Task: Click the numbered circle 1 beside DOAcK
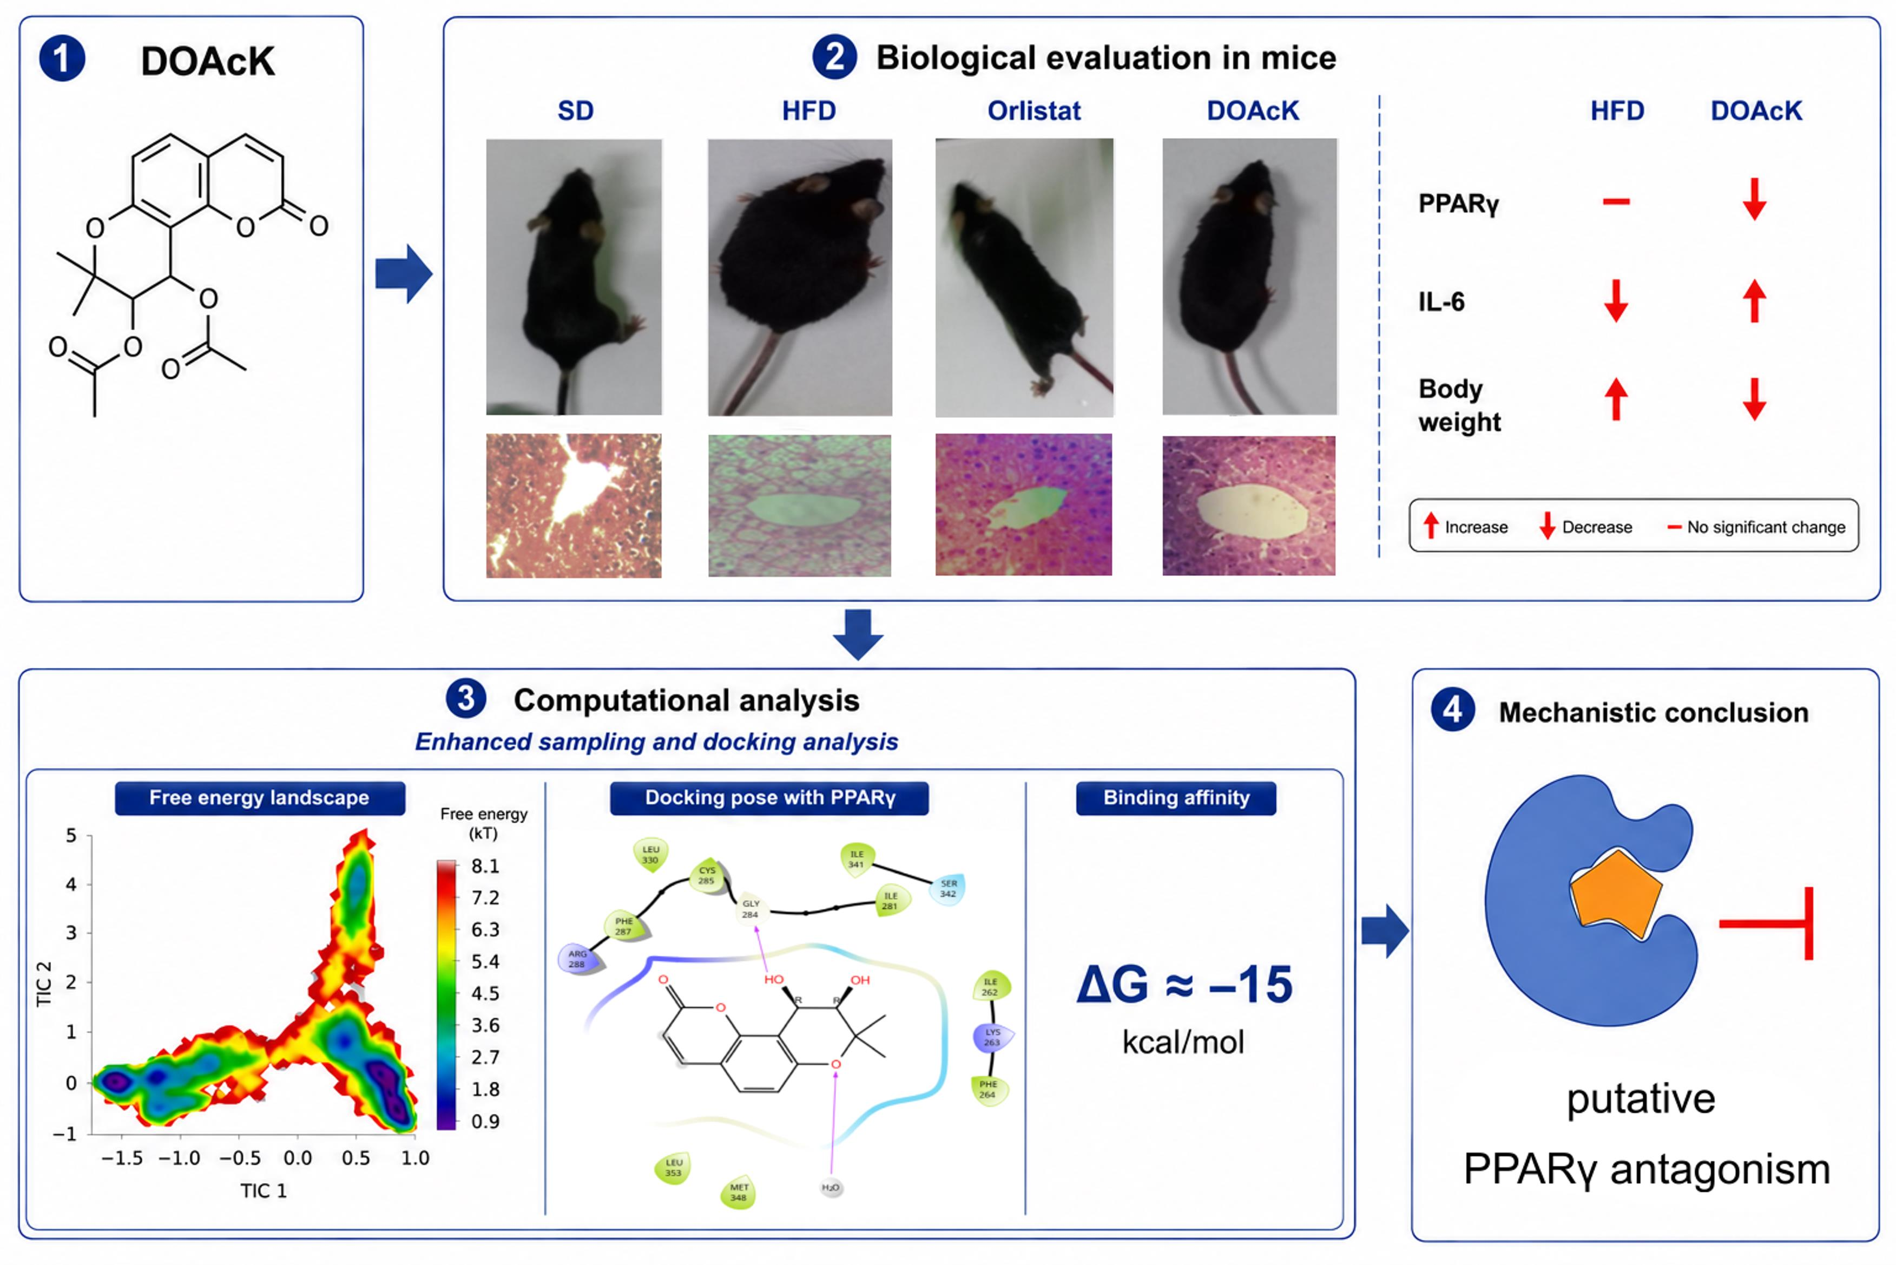pos(62,59)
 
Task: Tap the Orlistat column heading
pos(1034,110)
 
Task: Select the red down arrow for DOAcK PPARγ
pos(1755,199)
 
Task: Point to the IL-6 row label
pos(1441,301)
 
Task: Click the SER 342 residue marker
pos(949,888)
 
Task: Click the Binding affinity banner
pos(1176,798)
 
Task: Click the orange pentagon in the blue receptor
pos(1615,894)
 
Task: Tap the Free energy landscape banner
pos(260,798)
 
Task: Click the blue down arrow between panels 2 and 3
pos(858,634)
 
